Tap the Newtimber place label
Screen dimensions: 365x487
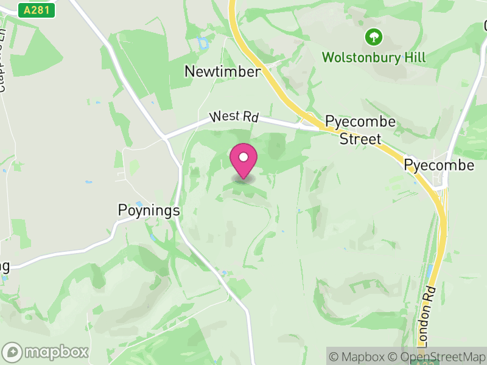[222, 72]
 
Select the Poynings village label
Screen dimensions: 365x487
[149, 210]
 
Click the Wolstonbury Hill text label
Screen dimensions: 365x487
[374, 58]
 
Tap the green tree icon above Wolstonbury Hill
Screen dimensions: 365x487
[373, 37]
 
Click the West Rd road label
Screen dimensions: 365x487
[234, 116]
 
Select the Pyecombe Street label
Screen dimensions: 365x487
[360, 130]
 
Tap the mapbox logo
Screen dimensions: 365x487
[46, 352]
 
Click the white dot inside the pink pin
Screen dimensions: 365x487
[243, 158]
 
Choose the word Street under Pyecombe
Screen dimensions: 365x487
[360, 139]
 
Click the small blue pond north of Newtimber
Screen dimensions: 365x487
[202, 43]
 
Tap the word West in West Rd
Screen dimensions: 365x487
[222, 115]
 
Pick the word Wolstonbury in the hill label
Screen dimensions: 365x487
[360, 58]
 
